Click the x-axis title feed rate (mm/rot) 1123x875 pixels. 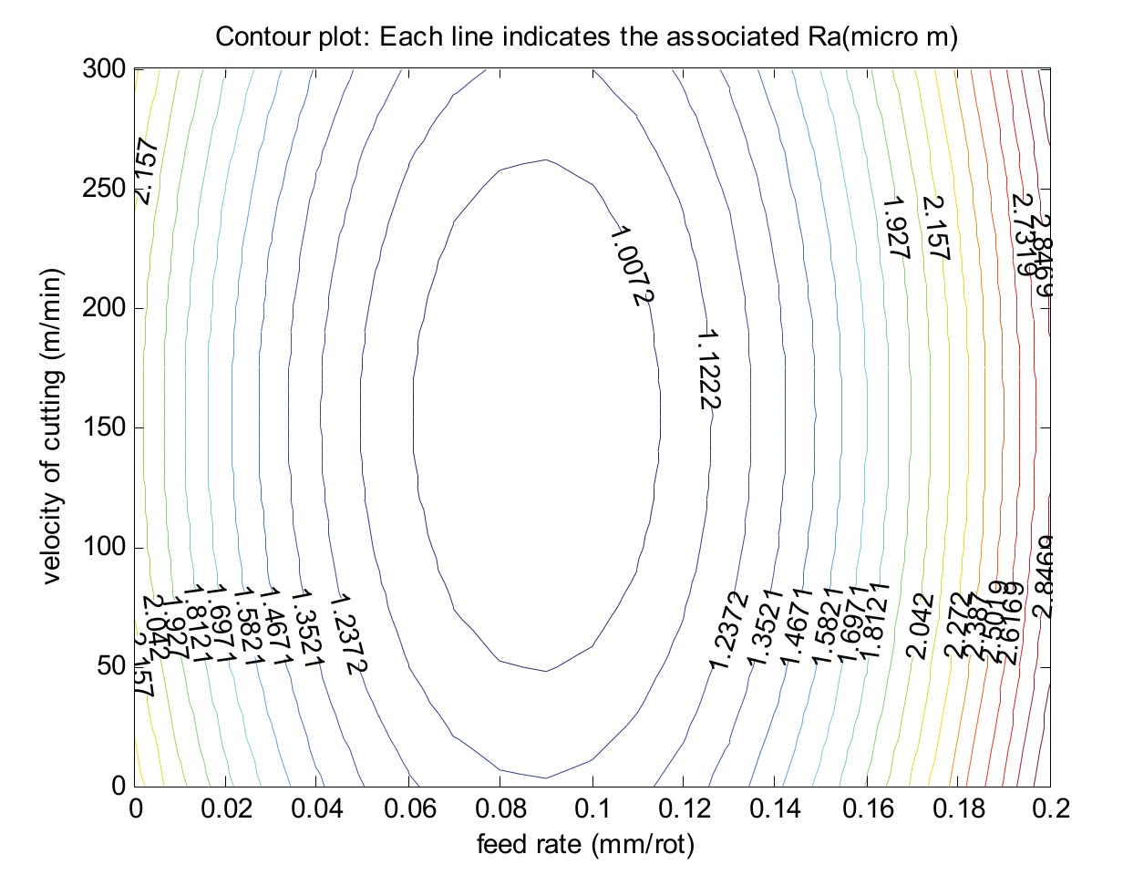pos(586,845)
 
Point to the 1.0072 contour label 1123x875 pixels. pos(631,264)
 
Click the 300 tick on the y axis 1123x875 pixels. pos(105,69)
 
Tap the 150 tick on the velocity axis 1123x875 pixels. pos(105,427)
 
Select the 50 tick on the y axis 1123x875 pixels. pos(111,666)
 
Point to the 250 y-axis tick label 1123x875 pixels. pos(105,189)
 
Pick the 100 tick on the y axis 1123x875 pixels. pos(105,547)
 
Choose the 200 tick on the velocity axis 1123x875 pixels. pos(105,308)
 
